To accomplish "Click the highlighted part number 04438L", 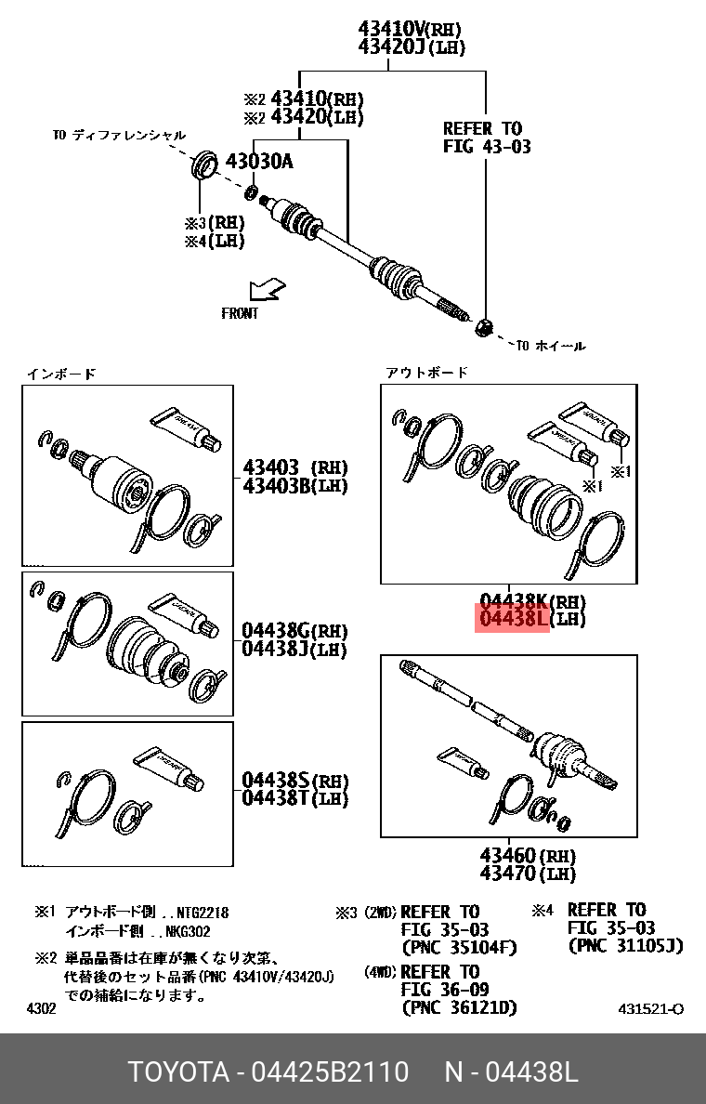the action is [x=513, y=619].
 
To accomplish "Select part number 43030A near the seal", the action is [x=259, y=162].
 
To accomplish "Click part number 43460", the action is [x=507, y=856].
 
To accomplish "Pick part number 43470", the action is [x=507, y=874].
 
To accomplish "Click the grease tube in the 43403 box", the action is [x=186, y=428].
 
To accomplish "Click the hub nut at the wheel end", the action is [x=484, y=327].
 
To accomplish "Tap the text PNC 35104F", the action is [x=459, y=948].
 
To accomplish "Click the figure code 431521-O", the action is [x=651, y=1009].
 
